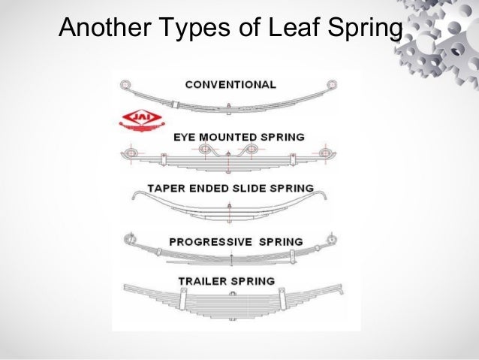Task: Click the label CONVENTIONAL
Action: pyautogui.click(x=231, y=84)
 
